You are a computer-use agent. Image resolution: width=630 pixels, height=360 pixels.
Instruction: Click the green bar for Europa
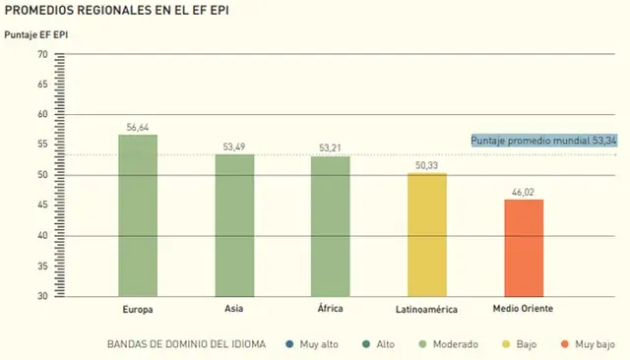click(138, 216)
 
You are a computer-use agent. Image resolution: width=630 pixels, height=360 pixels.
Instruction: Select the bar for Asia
click(234, 225)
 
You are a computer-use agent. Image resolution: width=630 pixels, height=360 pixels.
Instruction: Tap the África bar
click(331, 226)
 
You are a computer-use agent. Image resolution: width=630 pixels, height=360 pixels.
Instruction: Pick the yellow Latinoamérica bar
click(427, 235)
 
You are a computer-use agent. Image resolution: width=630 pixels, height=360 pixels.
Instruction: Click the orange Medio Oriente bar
click(524, 248)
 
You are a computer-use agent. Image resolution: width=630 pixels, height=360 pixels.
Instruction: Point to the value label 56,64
click(138, 128)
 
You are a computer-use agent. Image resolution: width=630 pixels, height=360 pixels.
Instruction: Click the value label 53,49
click(234, 147)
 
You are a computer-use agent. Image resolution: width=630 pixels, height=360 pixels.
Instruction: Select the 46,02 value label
click(523, 192)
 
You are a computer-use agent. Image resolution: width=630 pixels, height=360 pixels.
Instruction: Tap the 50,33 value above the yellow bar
click(426, 165)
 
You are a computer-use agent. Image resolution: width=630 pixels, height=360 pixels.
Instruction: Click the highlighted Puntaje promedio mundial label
click(544, 141)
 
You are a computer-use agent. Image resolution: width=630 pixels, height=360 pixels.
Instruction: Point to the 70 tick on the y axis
click(42, 54)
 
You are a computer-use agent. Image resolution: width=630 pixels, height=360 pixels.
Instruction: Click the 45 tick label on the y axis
click(42, 205)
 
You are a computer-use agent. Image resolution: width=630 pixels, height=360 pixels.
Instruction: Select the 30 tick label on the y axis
click(42, 296)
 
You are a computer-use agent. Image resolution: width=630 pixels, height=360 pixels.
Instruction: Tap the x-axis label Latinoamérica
click(426, 310)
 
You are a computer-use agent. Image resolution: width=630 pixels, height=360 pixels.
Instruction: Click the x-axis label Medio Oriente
click(523, 309)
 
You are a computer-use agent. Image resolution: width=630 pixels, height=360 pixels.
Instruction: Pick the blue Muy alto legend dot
click(289, 344)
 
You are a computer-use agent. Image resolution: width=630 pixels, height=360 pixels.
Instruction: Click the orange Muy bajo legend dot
click(565, 344)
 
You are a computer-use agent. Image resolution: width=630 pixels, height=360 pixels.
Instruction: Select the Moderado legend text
click(455, 344)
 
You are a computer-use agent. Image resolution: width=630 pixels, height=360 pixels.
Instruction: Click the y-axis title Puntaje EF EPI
click(36, 34)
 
